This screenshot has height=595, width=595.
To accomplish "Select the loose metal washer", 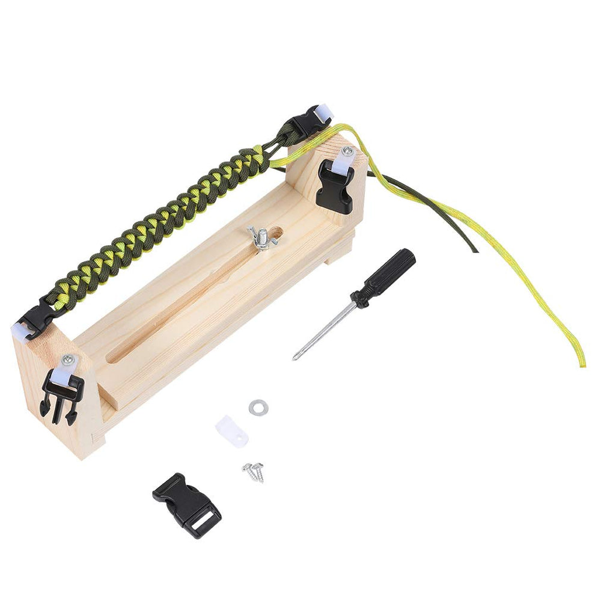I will (x=258, y=407).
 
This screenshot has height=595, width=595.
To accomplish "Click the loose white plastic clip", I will (x=231, y=431).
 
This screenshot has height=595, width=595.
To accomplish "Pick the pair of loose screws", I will (x=254, y=471).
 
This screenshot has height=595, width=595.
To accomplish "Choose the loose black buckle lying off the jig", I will (x=186, y=504).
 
